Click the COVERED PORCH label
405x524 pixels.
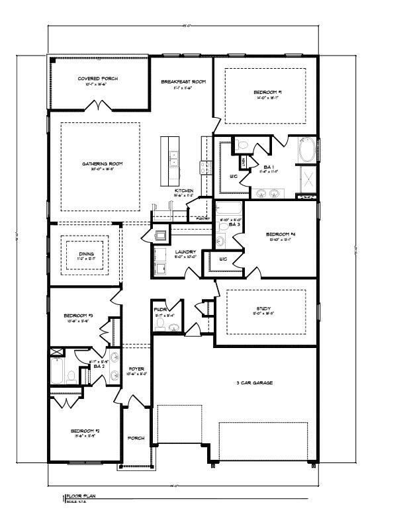point(98,78)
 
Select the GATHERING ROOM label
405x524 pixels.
point(103,163)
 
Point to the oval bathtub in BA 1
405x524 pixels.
point(308,150)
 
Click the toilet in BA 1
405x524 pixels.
point(242,145)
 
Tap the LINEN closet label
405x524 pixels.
point(244,161)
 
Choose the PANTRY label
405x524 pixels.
point(197,218)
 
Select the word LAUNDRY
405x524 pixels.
point(183,251)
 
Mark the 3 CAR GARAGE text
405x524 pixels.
point(254,383)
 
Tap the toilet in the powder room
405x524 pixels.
point(167,324)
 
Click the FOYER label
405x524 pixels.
point(136,369)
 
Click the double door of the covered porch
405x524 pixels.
point(99,105)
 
